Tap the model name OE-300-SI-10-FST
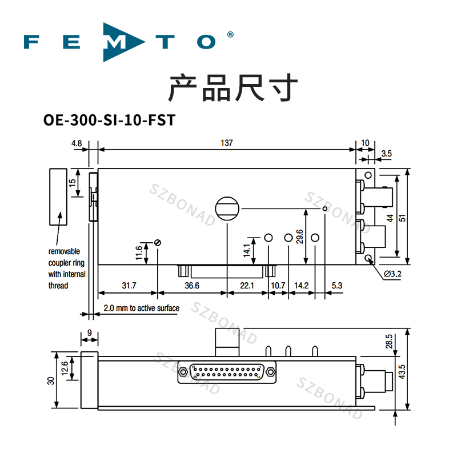point(109,121)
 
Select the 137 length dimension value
point(227,143)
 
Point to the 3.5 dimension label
point(386,153)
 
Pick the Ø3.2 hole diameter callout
point(392,275)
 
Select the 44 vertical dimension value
point(390,218)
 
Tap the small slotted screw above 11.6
point(157,243)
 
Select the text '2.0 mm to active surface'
point(141,308)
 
